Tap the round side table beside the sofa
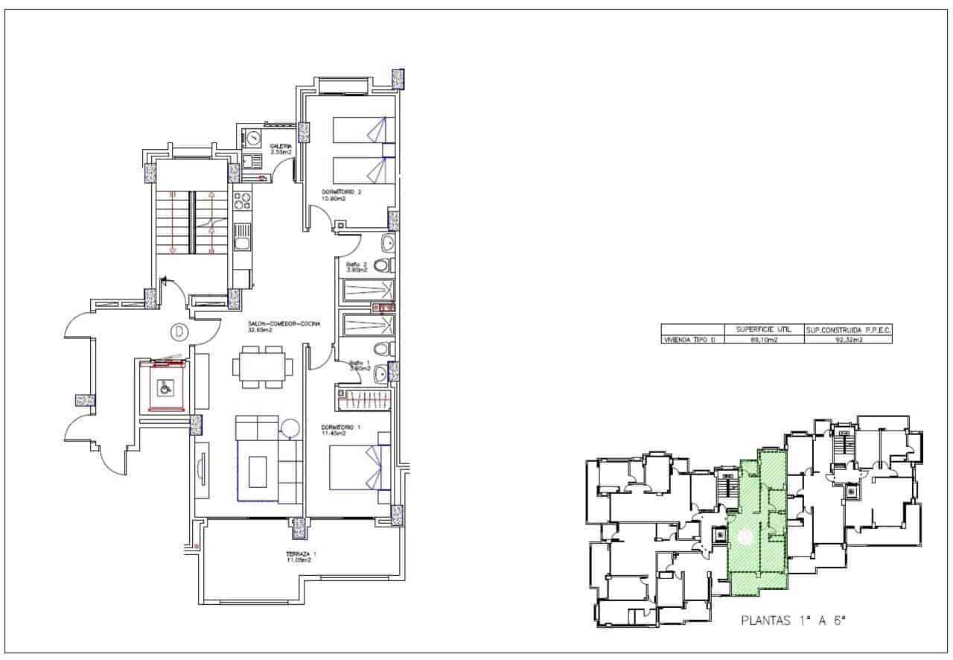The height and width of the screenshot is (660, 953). click(x=290, y=428)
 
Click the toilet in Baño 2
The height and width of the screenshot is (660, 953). click(x=382, y=265)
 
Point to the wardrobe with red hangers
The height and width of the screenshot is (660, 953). click(x=363, y=400)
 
